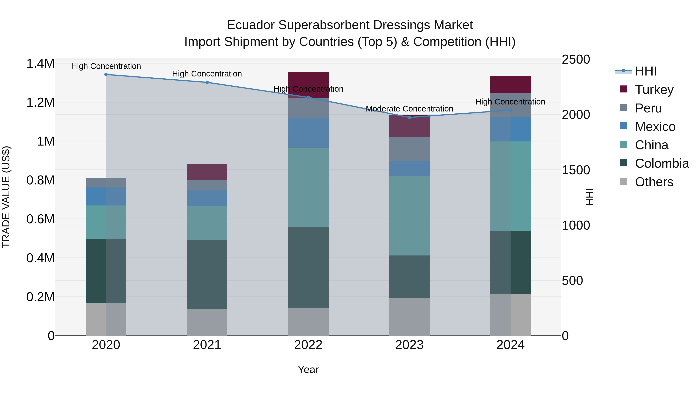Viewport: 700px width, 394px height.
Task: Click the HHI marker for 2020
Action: coord(106,75)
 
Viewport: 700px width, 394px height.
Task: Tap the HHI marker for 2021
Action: coord(207,82)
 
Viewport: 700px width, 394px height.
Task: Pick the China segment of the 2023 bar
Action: coord(409,215)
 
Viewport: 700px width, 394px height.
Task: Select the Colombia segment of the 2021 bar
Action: coord(207,274)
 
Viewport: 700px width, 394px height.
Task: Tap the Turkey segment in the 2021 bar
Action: coord(207,172)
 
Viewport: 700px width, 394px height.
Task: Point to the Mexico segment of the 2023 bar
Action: coord(409,168)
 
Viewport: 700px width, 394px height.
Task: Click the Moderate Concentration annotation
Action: coord(409,109)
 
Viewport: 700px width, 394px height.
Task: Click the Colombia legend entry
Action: coord(662,163)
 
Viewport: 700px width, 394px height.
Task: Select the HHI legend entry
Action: coord(646,71)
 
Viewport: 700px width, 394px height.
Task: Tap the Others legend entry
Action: coord(654,182)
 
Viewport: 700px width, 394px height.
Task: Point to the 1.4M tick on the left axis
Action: coord(40,64)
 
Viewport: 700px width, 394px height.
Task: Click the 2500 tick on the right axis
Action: coord(576,59)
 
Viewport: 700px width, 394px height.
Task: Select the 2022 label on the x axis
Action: coord(308,345)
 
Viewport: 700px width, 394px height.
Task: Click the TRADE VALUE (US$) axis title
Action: coord(6,197)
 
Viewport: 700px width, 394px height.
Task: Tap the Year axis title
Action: coord(308,369)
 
